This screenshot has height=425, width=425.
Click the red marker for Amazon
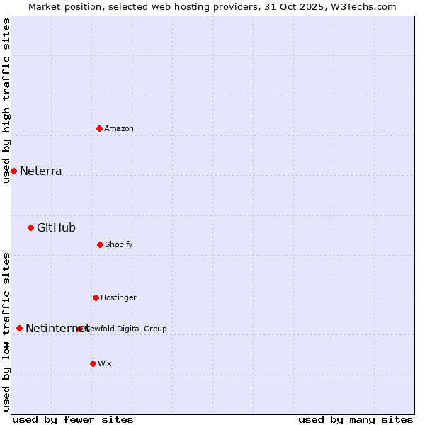click(x=99, y=128)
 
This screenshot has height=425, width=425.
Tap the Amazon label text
click(x=119, y=129)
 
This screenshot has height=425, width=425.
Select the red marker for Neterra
click(x=13, y=171)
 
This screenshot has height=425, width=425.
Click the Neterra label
click(x=41, y=171)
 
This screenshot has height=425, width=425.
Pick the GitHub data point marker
click(x=30, y=227)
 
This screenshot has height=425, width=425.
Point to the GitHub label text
click(x=56, y=228)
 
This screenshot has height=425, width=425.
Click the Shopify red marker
click(x=100, y=244)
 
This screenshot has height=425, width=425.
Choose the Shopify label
click(x=119, y=245)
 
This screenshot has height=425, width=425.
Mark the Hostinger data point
click(x=96, y=297)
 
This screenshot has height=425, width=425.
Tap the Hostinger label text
click(x=118, y=298)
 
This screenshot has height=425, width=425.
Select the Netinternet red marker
click(x=19, y=328)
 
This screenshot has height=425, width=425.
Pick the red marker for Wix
click(x=93, y=363)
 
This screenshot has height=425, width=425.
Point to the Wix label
click(x=105, y=364)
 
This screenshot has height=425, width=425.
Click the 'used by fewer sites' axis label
click(x=73, y=419)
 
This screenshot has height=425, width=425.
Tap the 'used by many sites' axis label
click(x=356, y=419)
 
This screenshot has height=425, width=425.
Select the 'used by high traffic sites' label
click(x=7, y=101)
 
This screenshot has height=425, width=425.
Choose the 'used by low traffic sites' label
click(x=7, y=331)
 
